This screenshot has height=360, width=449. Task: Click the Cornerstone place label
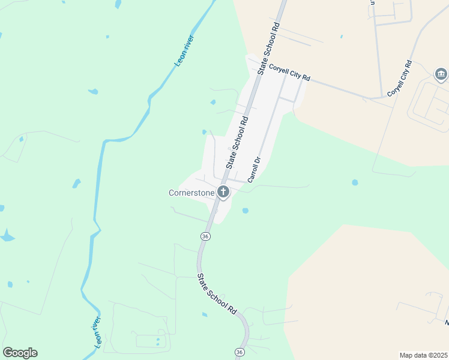point(191,193)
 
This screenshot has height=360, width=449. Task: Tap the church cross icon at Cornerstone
point(223,193)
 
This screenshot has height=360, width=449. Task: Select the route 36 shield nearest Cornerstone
point(205,236)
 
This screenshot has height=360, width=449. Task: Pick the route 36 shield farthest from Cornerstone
point(240,352)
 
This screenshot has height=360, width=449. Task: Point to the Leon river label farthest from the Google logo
point(184,51)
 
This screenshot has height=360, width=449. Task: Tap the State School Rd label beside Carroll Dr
point(237,143)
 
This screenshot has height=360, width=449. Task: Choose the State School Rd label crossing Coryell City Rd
point(270,49)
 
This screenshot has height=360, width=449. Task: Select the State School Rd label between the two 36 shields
point(216,293)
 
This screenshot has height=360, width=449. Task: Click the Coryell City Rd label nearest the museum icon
point(399,79)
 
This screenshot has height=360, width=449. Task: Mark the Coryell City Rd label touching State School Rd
point(289,73)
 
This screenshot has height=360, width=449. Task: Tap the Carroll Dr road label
point(253,170)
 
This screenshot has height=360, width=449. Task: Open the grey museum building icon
point(441,74)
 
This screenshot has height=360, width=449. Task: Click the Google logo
point(20,353)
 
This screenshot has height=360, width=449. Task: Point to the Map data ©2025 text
point(423,355)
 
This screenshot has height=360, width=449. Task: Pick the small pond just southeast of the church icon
point(245,211)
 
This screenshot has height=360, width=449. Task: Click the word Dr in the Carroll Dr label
point(257,161)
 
